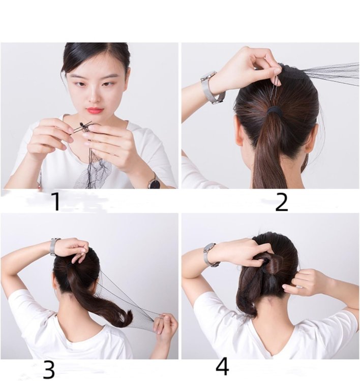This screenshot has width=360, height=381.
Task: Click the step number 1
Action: click(56, 201)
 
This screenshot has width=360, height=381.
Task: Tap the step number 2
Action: click(282, 202)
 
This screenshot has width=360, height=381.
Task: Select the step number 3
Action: click(49, 369)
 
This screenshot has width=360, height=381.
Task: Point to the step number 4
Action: click(222, 366)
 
